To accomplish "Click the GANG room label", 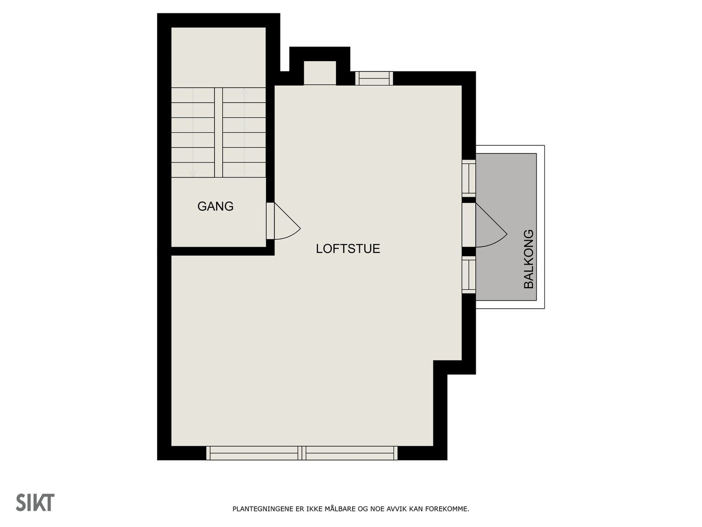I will pyautogui.click(x=215, y=206).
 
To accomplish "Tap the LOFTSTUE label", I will pyautogui.click(x=348, y=249).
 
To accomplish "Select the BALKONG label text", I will pyautogui.click(x=529, y=259).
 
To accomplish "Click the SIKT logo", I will pyautogui.click(x=35, y=502).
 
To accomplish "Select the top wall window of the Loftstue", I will pyautogui.click(x=374, y=79).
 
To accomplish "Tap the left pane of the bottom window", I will pyautogui.click(x=253, y=453).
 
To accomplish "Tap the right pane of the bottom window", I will pyautogui.click(x=350, y=453).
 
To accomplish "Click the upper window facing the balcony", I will pyautogui.click(x=469, y=177).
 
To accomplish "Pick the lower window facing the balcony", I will pyautogui.click(x=469, y=275).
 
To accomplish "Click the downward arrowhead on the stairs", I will pyautogui.click(x=192, y=174).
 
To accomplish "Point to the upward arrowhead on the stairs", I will pyautogui.click(x=244, y=92).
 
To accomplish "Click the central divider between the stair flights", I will pyautogui.click(x=218, y=132).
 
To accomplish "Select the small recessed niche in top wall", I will pyautogui.click(x=320, y=73).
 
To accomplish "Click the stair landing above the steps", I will pyautogui.click(x=218, y=57).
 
